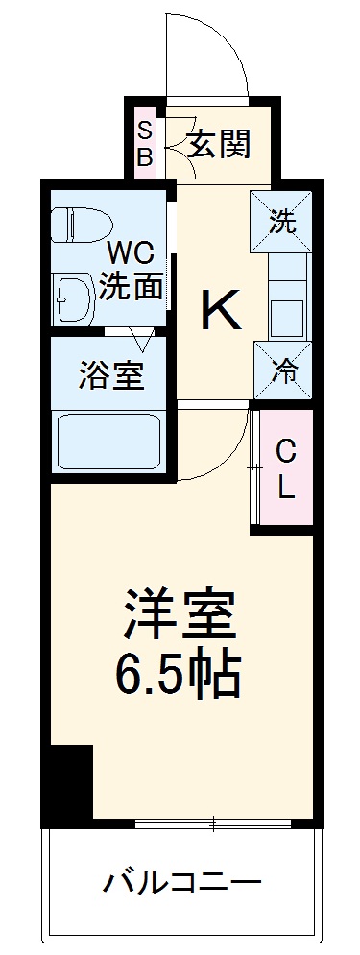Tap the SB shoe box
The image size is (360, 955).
pyautogui.click(x=144, y=143)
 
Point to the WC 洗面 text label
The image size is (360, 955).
pyautogui.click(x=132, y=271)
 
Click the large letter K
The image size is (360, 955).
pyautogui.click(x=221, y=310)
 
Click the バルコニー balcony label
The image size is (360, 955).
pyautogui.click(x=181, y=880)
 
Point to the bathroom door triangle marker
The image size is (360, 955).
pyautogui.click(x=143, y=339)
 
